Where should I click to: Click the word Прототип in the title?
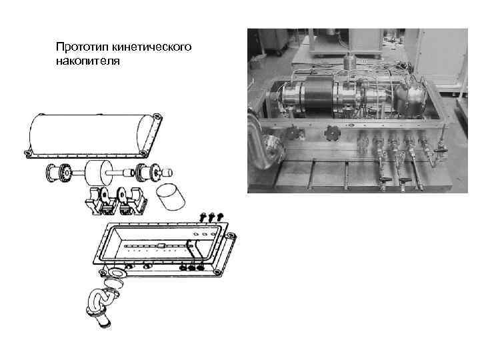pyautogui.click(x=82, y=47)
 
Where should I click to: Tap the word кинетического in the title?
pyautogui.click(x=151, y=47)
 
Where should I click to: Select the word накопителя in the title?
pyautogui.click(x=88, y=61)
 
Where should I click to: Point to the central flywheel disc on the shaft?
pyautogui.click(x=95, y=173)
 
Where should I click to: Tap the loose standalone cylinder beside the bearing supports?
pyautogui.click(x=170, y=197)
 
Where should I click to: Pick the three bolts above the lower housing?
pyautogui.click(x=211, y=217)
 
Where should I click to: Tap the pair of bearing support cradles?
pyautogui.click(x=116, y=201)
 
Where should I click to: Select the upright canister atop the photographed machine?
pyautogui.click(x=348, y=61)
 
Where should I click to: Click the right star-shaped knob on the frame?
pyautogui.click(x=333, y=133)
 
